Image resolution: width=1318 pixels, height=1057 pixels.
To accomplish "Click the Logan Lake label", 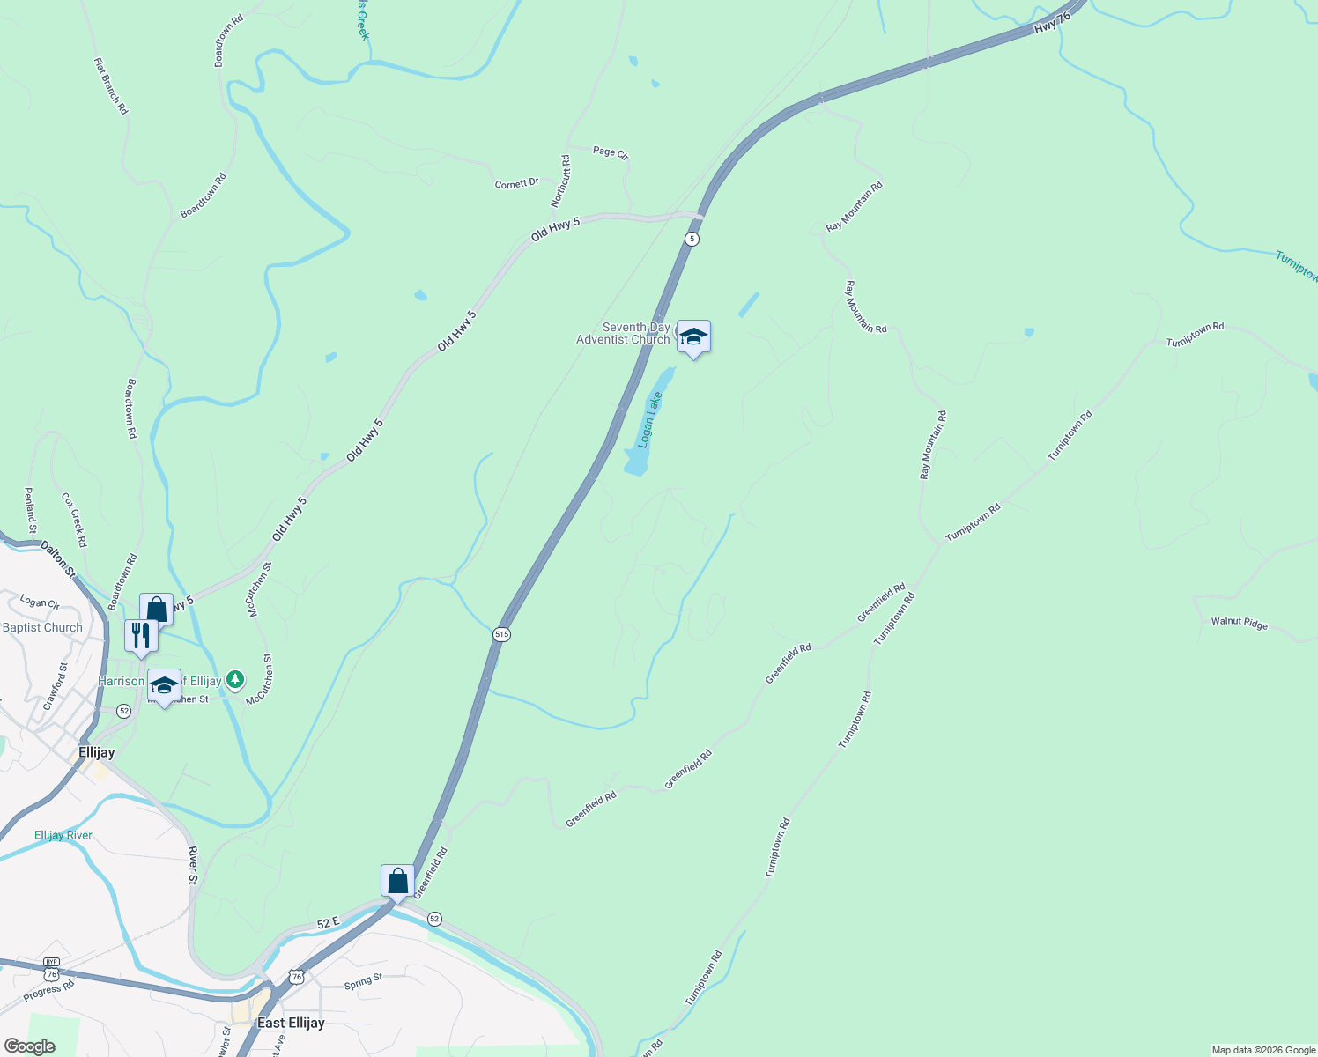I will tap(649, 419).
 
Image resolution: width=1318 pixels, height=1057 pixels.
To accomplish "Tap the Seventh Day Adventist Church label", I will tap(623, 333).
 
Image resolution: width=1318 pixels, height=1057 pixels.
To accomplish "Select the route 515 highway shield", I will tap(501, 634).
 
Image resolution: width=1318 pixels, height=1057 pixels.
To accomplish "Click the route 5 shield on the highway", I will tap(692, 239).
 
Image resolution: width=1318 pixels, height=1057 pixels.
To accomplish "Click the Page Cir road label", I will tap(611, 152).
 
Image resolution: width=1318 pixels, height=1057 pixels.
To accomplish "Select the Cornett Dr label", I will tap(516, 183).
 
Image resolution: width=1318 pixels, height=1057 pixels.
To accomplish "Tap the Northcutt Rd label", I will tap(560, 181).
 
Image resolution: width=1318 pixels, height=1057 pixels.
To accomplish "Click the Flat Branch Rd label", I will tap(111, 86).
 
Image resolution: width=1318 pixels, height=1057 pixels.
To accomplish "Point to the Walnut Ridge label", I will tap(1239, 623).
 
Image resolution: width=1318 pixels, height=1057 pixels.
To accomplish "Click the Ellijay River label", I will tap(63, 835).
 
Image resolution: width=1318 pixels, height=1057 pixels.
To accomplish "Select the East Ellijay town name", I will tap(291, 1023).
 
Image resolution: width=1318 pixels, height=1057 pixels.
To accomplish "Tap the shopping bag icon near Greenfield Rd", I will tap(397, 880).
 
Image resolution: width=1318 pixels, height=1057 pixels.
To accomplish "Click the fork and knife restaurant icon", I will tap(141, 635).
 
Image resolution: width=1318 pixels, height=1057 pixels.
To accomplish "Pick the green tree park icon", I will tap(234, 679).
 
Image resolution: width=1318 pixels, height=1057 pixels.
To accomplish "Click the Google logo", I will tap(29, 1046).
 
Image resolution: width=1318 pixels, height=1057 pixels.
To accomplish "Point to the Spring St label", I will tap(363, 981).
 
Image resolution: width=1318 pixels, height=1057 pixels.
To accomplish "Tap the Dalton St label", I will tap(59, 559).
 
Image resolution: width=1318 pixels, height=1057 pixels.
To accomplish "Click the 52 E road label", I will tap(328, 923).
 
